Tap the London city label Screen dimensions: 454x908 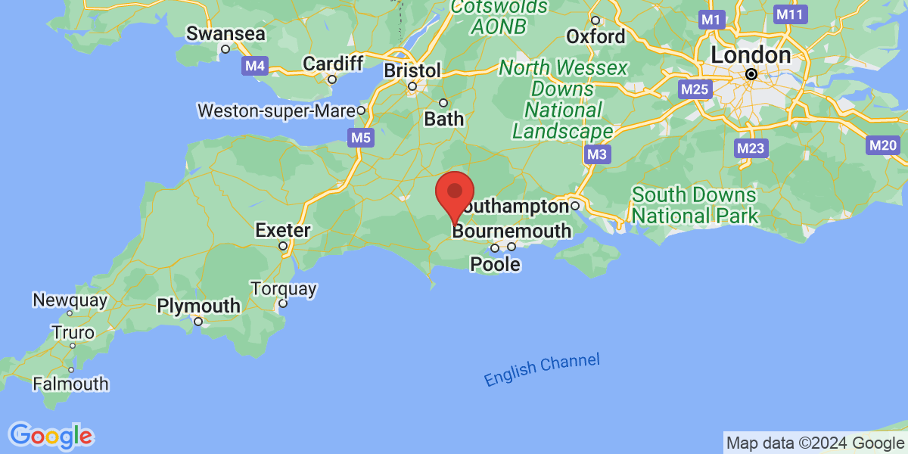(751, 56)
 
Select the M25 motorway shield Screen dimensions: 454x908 (694, 90)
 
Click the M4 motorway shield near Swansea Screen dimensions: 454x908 (255, 66)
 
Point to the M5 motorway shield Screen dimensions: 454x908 (360, 138)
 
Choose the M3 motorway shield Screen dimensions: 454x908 (597, 154)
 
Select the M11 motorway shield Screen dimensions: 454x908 (790, 14)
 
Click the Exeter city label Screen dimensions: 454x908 (282, 229)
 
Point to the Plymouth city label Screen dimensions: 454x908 (198, 306)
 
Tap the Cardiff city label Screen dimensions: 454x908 (334, 64)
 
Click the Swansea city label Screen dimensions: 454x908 (225, 34)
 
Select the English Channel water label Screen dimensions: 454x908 (542, 370)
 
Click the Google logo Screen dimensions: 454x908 (51, 436)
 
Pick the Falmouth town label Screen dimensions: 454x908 (70, 384)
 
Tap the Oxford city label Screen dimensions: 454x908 (596, 36)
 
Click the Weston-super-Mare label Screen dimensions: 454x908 (277, 110)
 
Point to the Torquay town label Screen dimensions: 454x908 (283, 289)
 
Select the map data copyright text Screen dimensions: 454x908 (814, 443)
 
